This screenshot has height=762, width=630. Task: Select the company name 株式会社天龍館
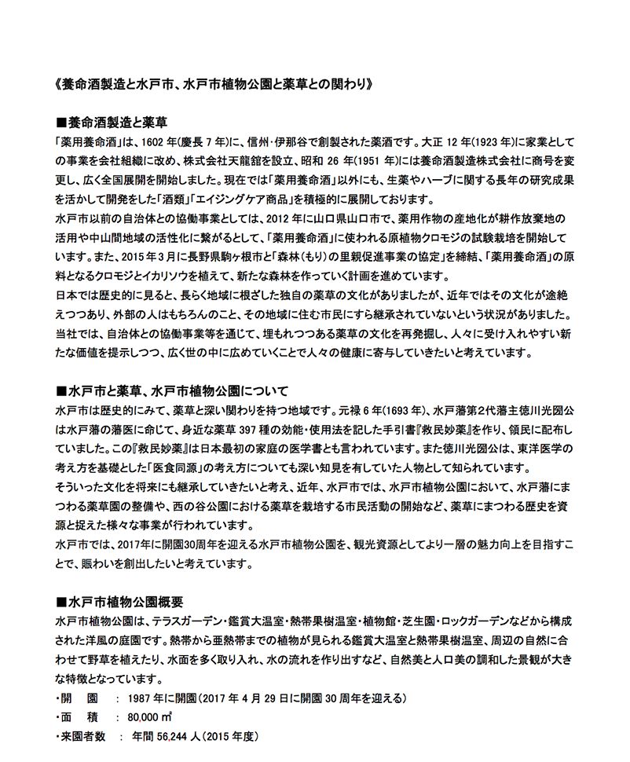(x=230, y=161)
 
